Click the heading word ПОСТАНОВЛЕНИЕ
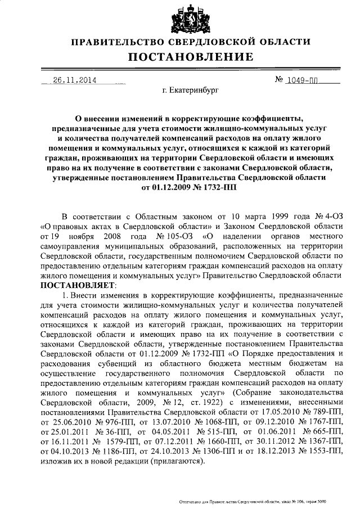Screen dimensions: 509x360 click(190, 57)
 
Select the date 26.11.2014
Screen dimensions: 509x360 click(75, 80)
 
